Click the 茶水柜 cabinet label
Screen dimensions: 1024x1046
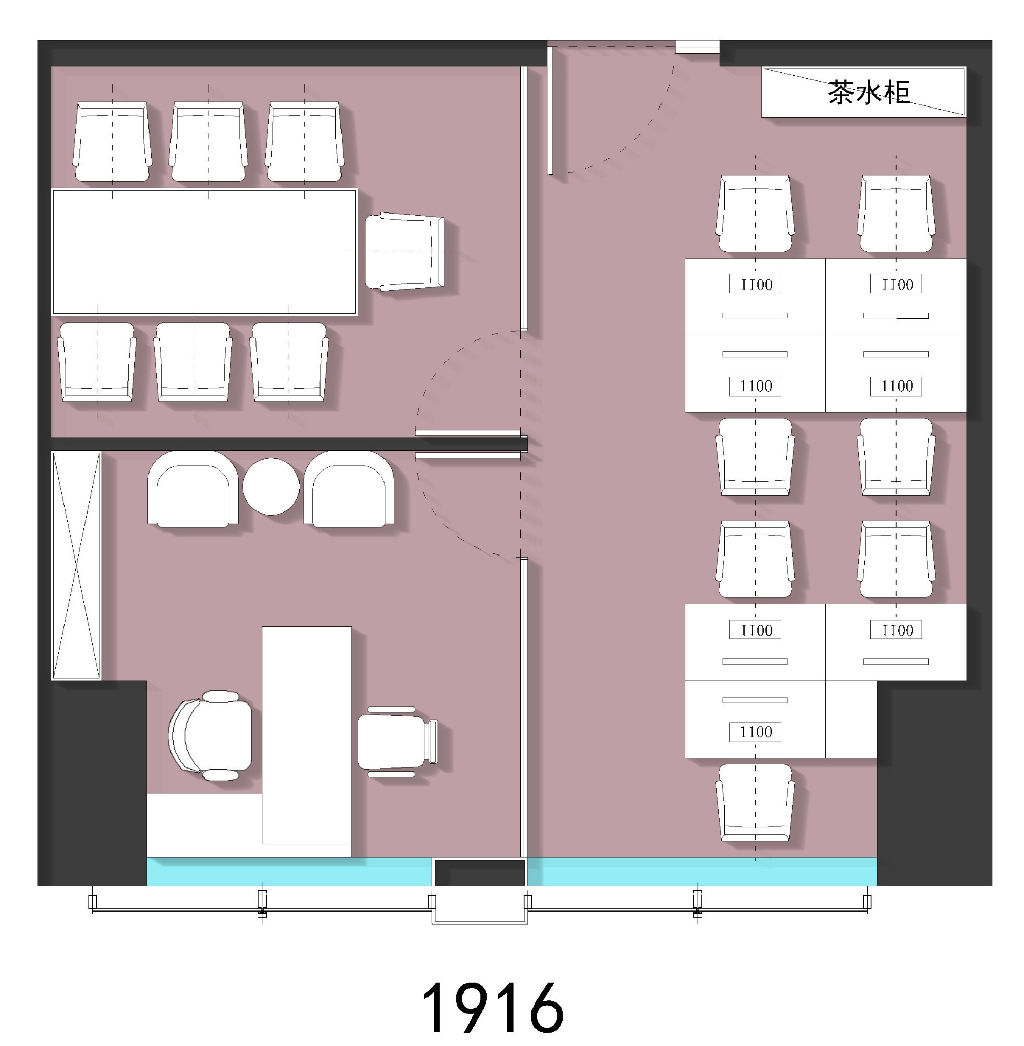868,93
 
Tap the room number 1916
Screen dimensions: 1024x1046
493,1008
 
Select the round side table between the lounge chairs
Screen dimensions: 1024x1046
270,486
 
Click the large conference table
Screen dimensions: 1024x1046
204,252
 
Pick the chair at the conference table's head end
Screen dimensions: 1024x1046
404,252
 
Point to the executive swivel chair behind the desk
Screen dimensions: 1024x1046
210,735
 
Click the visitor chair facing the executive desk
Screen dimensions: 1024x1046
398,741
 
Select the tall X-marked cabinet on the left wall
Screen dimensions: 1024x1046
76,565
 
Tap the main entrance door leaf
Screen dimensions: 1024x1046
550,110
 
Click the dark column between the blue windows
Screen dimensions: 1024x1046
480,872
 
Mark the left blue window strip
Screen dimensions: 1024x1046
289,871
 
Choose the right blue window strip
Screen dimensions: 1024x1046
702,871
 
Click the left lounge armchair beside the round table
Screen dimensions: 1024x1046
193,488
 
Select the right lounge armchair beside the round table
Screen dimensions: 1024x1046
349,488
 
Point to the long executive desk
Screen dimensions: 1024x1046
307,735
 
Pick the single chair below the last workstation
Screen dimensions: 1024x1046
755,802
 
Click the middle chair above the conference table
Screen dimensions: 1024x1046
208,141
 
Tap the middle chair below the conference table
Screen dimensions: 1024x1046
193,362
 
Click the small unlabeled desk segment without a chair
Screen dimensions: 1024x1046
851,719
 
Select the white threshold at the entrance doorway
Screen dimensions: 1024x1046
697,47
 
